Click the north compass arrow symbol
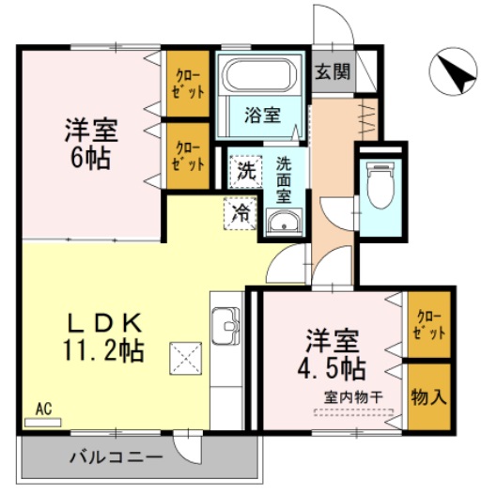tap(455, 73)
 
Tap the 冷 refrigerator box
tap(241, 212)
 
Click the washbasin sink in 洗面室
tap(282, 223)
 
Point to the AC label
tap(42, 409)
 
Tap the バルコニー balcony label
tap(116, 457)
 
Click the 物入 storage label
tap(428, 396)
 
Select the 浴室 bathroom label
tap(262, 116)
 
